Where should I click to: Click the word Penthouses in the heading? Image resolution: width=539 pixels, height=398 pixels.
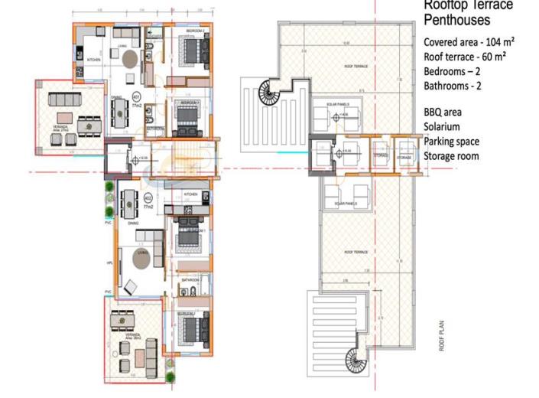point(456,21)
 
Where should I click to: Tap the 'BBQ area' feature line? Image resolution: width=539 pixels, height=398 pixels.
point(443,112)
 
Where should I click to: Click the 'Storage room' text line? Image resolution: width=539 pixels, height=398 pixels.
point(451,156)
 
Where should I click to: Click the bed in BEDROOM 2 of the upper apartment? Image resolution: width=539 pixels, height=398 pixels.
point(190,51)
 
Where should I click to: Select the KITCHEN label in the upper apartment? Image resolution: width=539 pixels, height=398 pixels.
point(93,59)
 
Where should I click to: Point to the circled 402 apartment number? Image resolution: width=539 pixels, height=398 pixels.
point(147,200)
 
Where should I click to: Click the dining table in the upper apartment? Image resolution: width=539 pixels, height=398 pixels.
point(119,113)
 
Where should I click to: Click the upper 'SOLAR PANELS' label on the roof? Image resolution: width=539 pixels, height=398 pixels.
point(336,104)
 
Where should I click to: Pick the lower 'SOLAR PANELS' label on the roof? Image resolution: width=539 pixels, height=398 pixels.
point(346,204)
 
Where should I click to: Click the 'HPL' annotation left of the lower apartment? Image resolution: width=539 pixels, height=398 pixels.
point(109,262)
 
